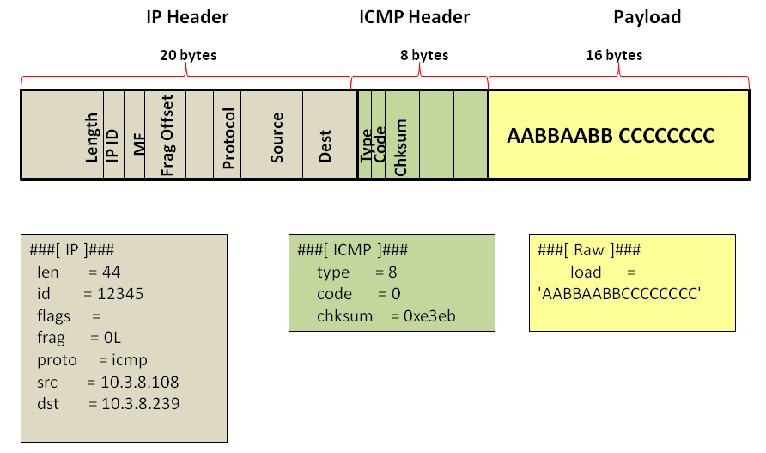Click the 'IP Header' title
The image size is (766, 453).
tap(187, 17)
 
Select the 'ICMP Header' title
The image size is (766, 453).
tap(414, 17)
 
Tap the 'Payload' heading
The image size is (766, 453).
tap(647, 17)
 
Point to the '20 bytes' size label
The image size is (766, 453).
tap(188, 55)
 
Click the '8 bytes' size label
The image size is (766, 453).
tap(424, 55)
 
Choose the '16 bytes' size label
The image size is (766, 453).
tap(614, 55)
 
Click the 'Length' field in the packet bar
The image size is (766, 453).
tap(90, 135)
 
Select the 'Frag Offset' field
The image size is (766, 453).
tap(166, 135)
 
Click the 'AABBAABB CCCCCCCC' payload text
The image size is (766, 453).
tap(611, 136)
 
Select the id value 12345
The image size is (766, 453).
tap(120, 293)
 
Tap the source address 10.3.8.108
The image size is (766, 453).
tap(140, 382)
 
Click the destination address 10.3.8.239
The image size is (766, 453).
tap(141, 404)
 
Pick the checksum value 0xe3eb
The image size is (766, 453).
tap(429, 316)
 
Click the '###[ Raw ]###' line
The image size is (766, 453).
tap(588, 250)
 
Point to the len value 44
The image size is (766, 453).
tap(112, 272)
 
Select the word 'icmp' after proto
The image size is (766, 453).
tap(130, 360)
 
